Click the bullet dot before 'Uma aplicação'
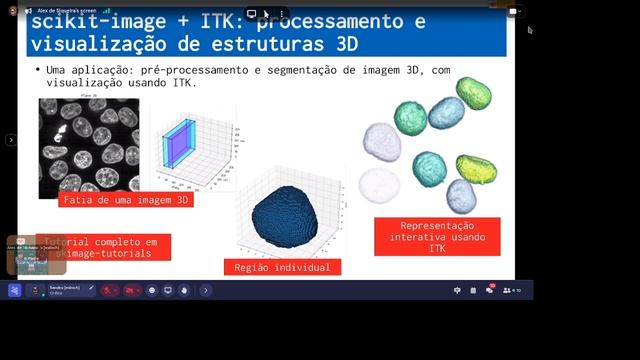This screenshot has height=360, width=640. [x=37, y=70]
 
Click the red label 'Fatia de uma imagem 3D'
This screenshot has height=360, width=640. [x=126, y=199]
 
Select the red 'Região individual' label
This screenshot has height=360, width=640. [x=282, y=267]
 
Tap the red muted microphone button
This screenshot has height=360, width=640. [x=109, y=290]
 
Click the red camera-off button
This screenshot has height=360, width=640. [x=131, y=290]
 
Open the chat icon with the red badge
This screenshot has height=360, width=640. [x=490, y=290]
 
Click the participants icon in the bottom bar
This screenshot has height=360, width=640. [x=511, y=290]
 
